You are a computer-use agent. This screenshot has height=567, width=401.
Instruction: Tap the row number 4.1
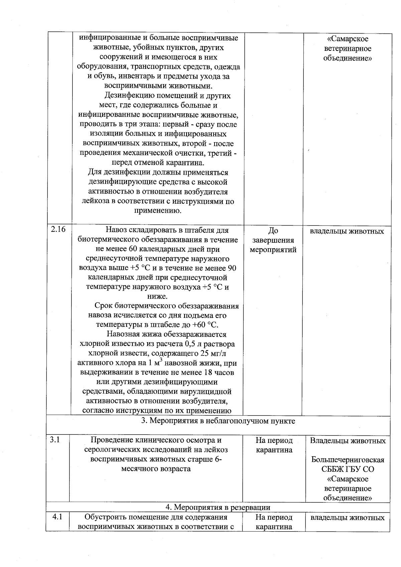coord(58,517)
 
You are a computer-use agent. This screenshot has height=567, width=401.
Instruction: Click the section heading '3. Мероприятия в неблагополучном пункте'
coord(218,421)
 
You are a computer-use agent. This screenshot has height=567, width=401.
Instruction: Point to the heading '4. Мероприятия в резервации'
coord(218,507)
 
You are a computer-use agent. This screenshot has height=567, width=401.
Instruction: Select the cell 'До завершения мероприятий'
coord(273,240)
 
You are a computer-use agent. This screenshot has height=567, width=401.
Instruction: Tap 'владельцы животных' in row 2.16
coord(347,231)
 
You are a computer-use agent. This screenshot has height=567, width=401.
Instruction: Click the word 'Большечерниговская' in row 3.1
coord(348,460)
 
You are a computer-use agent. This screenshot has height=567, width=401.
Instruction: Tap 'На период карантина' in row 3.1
coord(274,445)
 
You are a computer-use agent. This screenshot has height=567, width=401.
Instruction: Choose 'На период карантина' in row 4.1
coord(274,522)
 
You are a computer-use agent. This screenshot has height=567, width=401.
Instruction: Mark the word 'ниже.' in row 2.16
coord(157,296)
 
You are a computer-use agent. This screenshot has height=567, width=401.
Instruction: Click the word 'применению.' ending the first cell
coord(158,211)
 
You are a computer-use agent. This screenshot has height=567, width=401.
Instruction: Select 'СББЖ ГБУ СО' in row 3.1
coord(348,469)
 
